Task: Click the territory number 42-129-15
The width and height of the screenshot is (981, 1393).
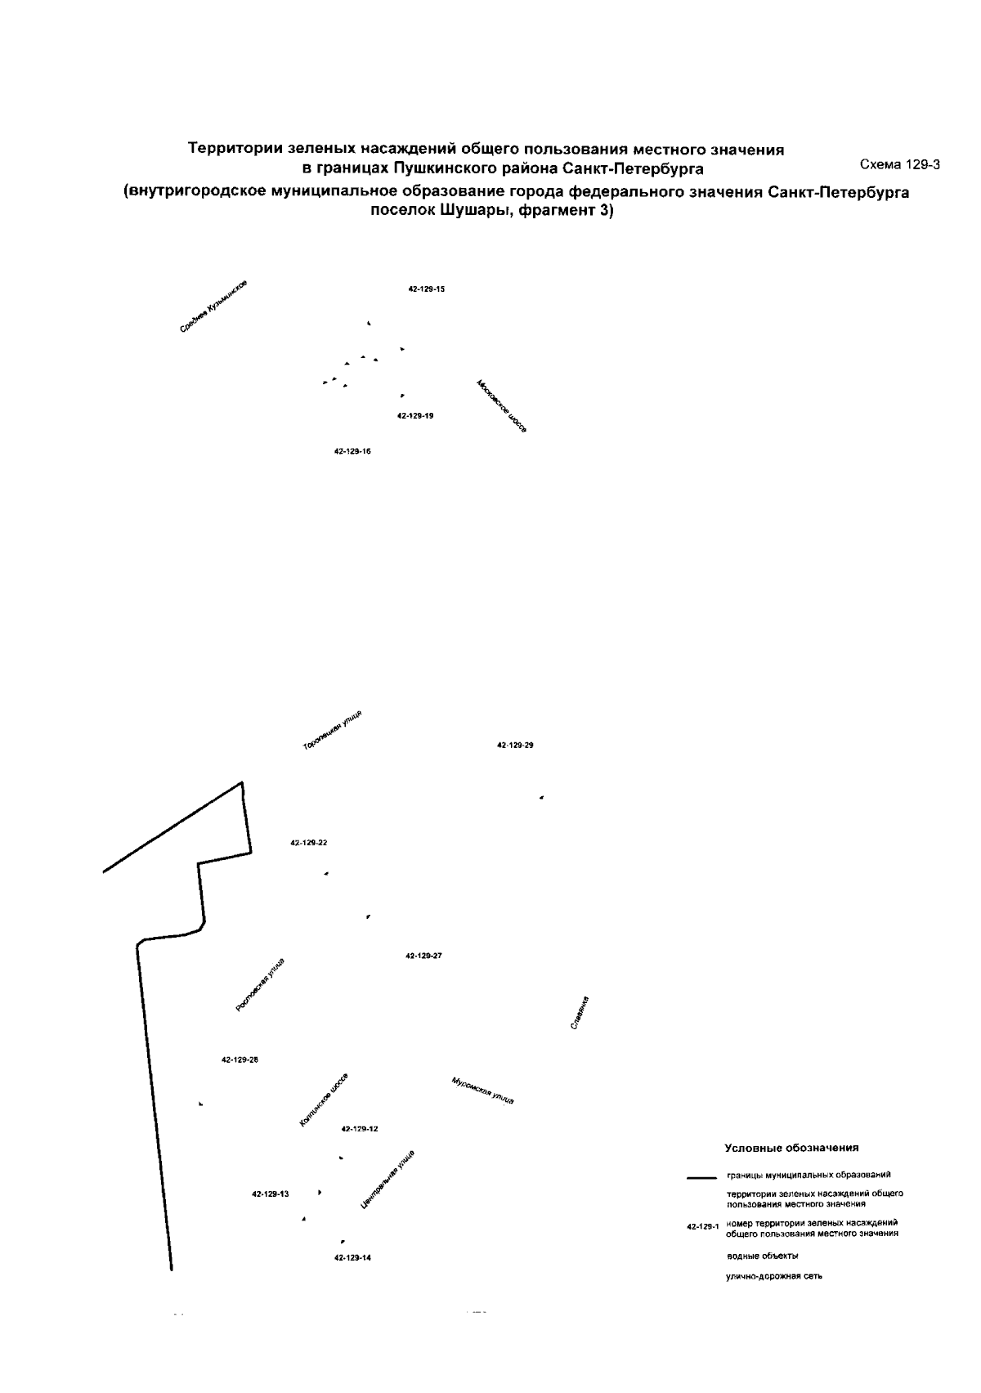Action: click(426, 289)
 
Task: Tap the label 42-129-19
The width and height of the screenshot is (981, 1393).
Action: click(415, 416)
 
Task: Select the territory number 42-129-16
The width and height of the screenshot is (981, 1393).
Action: click(353, 451)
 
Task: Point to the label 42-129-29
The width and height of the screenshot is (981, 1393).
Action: click(515, 746)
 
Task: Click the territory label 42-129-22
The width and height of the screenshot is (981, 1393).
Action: click(309, 843)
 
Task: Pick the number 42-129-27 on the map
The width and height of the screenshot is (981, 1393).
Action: click(423, 956)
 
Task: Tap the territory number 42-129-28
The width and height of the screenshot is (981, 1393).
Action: click(240, 1059)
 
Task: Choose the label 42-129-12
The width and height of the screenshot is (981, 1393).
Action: click(360, 1129)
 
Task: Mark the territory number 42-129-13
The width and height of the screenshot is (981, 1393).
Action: click(271, 1194)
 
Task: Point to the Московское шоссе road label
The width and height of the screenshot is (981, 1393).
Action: click(501, 406)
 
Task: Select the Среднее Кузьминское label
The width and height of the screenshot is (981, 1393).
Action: click(213, 307)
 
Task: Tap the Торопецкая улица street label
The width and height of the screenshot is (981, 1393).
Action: click(333, 731)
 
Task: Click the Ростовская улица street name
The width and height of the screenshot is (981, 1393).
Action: click(260, 985)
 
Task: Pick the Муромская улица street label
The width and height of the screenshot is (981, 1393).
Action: click(482, 1091)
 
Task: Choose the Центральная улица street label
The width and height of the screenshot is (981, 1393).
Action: click(387, 1179)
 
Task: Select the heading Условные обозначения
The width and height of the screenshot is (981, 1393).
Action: click(791, 1148)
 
